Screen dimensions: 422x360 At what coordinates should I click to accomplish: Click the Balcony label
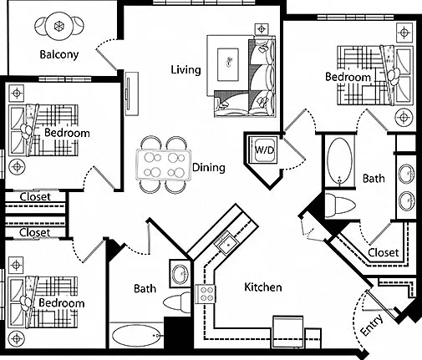59,54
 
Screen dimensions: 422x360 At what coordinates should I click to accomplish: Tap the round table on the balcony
59,26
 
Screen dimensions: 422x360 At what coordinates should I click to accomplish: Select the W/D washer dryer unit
264,150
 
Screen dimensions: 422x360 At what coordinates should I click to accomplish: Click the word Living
186,69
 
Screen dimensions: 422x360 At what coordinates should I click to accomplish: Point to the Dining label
209,168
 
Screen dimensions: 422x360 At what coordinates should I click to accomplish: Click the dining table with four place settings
164,165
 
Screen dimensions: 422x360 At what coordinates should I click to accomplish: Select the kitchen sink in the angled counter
228,244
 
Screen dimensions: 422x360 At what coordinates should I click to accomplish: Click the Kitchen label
263,287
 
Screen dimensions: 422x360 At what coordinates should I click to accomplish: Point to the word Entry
372,325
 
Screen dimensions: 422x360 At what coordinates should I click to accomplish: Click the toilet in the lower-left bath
176,302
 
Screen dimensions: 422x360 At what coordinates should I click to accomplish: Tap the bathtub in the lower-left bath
136,335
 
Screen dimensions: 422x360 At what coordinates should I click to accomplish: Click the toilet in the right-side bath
340,205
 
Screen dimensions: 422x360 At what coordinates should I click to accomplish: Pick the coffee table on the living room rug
228,64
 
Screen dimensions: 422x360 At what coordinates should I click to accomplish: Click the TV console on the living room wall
131,94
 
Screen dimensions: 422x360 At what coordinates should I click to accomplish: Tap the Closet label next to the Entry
384,252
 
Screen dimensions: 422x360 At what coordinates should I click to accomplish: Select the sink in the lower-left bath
180,274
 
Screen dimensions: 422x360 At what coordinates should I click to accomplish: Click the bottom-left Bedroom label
62,303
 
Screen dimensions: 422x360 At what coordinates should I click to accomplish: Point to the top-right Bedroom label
348,77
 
